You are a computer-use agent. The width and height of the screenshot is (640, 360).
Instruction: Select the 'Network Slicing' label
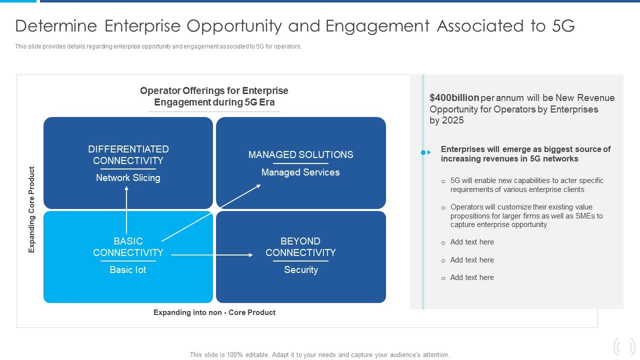[x=128, y=178]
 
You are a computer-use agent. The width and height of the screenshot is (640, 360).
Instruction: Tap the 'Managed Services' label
[x=300, y=172]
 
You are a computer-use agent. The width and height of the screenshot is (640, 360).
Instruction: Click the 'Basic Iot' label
[x=128, y=270]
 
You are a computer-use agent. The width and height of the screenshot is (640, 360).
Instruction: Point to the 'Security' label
[x=301, y=270]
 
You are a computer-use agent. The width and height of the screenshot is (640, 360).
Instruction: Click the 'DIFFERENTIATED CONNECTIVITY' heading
[x=128, y=155]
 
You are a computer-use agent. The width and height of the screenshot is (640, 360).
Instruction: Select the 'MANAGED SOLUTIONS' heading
[x=300, y=155]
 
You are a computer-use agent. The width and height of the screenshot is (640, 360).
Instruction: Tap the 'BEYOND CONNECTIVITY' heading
[x=300, y=247]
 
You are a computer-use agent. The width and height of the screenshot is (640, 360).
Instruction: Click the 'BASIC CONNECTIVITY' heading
[x=128, y=247]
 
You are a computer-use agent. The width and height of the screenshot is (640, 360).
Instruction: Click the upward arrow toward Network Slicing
[x=126, y=210]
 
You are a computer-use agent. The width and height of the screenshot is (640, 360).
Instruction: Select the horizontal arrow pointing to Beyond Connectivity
[x=212, y=255]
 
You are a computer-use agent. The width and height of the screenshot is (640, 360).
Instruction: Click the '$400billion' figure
[x=454, y=98]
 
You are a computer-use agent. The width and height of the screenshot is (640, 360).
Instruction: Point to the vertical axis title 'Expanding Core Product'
[x=32, y=209]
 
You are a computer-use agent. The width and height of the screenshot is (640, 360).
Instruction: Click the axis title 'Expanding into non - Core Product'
[x=214, y=312]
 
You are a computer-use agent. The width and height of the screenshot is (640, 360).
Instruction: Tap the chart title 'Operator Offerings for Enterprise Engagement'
[x=214, y=96]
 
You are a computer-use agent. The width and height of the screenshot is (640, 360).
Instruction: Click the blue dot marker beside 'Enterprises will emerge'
[x=423, y=152]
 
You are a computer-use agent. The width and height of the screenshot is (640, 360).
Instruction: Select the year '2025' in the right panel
[x=452, y=120]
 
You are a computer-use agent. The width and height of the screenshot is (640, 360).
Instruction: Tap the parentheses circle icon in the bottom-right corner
[x=624, y=346]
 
